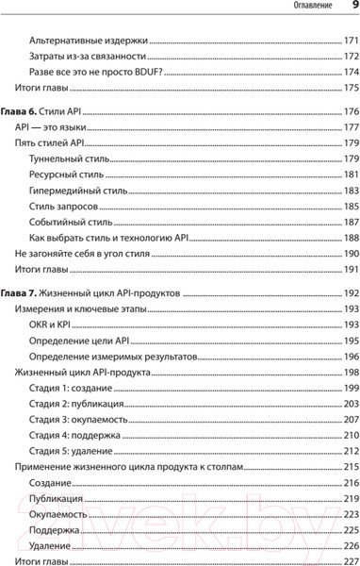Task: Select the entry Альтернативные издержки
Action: (90, 42)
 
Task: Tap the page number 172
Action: (350, 58)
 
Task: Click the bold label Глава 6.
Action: (25, 111)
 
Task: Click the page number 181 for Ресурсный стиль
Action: (350, 175)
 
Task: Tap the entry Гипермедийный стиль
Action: (78, 191)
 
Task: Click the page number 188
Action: (350, 238)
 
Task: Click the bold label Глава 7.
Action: (25, 293)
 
